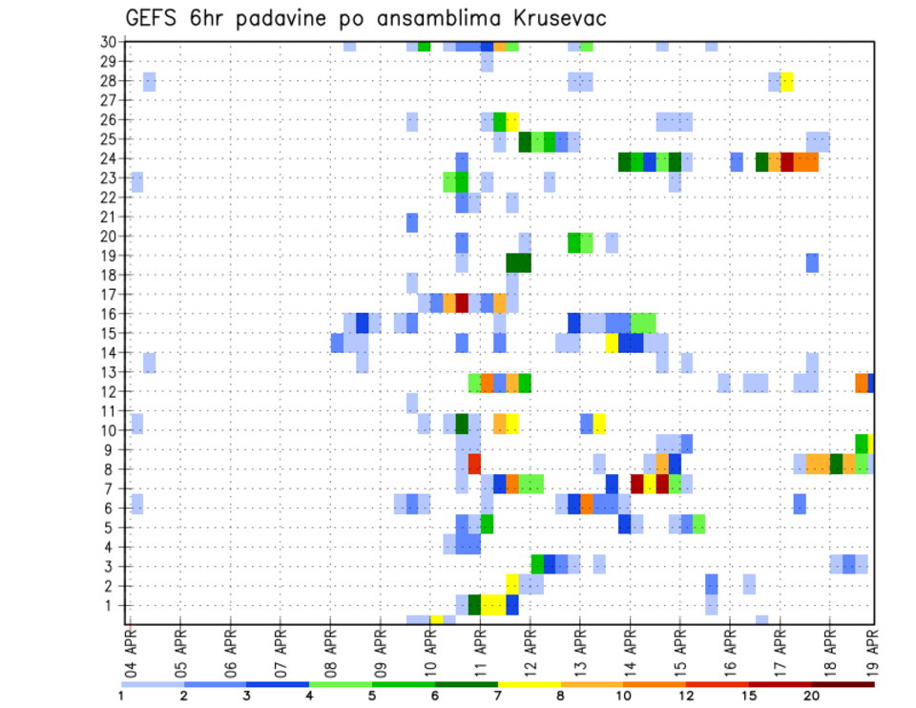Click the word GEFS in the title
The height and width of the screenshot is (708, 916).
click(x=155, y=19)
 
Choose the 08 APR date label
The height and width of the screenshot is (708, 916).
click(x=330, y=650)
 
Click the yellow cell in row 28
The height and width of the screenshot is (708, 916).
click(x=787, y=81)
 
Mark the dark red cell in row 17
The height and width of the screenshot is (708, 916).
click(x=462, y=302)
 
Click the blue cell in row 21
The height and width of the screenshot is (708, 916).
click(x=412, y=222)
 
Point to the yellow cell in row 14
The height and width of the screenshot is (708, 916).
click(x=612, y=342)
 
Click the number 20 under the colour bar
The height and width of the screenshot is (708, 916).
click(x=813, y=697)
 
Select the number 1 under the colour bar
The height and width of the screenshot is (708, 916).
click(x=122, y=697)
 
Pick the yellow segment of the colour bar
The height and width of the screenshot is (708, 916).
click(x=530, y=684)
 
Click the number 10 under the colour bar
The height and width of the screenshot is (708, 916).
click(x=624, y=697)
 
